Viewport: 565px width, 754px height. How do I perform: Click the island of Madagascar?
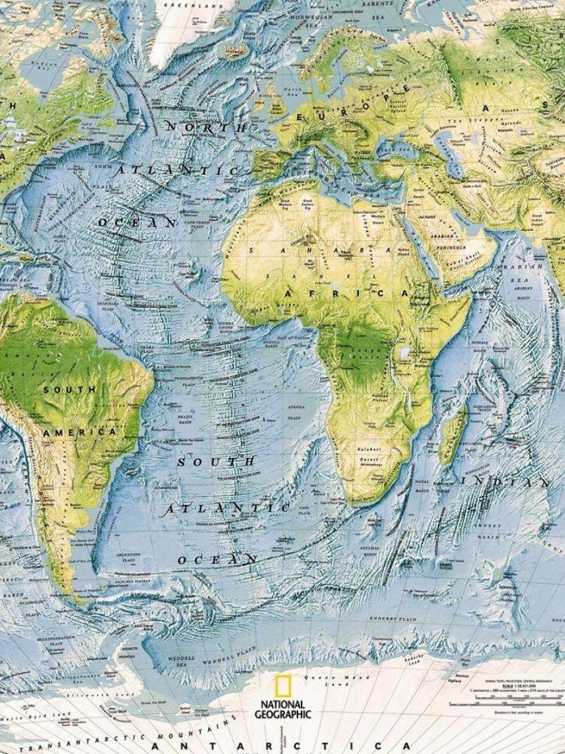(x=453, y=435)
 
